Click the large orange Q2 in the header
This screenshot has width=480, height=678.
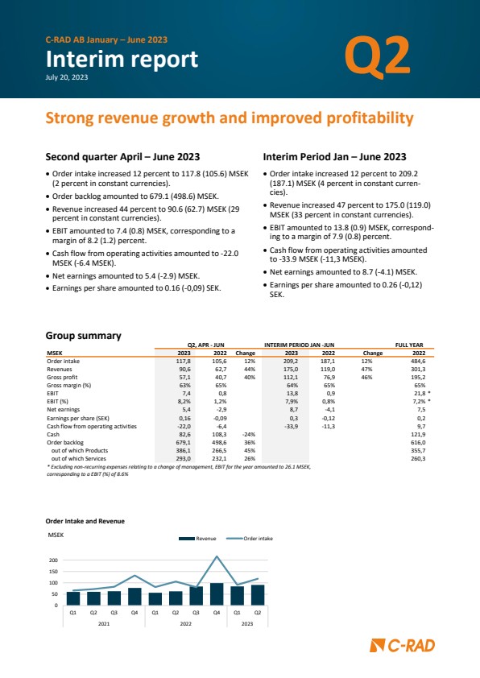[377, 57]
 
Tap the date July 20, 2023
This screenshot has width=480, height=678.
[67, 77]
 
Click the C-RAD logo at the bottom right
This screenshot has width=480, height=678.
[402, 646]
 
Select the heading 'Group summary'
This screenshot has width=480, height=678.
[83, 336]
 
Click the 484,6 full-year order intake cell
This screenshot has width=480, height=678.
[418, 361]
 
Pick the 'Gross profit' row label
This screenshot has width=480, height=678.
[62, 378]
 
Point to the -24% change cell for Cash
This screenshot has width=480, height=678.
[249, 434]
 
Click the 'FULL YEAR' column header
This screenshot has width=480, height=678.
[409, 345]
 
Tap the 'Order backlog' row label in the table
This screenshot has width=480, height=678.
[65, 442]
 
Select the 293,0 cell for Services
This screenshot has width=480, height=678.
[184, 459]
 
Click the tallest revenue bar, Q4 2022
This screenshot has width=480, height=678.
[217, 594]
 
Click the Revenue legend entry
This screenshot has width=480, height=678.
[197, 539]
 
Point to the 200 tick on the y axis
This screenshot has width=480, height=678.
[53, 560]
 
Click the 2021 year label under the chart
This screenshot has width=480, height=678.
[104, 623]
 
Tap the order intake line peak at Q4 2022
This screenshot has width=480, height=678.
[217, 556]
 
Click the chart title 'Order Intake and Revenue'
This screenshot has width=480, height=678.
[85, 521]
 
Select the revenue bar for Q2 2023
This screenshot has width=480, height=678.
[258, 595]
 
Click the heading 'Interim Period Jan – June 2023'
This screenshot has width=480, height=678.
[335, 157]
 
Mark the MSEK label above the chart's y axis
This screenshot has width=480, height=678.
[56, 535]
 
